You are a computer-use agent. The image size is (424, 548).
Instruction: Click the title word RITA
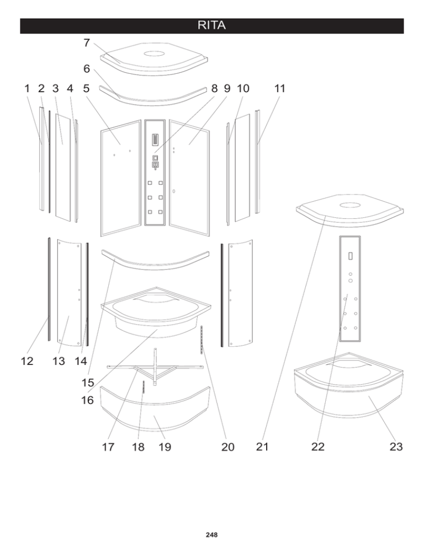[212, 26]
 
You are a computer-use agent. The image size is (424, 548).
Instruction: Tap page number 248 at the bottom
[211, 535]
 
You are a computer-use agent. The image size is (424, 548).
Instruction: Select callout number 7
[87, 43]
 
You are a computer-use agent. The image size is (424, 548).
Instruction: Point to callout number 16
[87, 400]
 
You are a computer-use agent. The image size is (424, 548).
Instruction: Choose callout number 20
[227, 447]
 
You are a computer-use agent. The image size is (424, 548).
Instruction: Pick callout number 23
[395, 447]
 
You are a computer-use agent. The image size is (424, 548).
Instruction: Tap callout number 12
[26, 362]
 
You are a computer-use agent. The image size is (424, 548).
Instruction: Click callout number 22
[317, 447]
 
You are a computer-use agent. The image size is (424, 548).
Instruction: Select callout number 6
[87, 69]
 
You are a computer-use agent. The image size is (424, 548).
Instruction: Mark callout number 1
[27, 88]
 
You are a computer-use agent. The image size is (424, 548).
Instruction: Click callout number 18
[138, 447]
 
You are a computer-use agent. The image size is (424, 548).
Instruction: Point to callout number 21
[262, 447]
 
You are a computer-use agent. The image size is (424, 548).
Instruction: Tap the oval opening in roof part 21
[349, 206]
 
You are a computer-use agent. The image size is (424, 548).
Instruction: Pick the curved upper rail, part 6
[155, 98]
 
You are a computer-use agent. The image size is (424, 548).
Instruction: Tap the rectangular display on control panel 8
[155, 140]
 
